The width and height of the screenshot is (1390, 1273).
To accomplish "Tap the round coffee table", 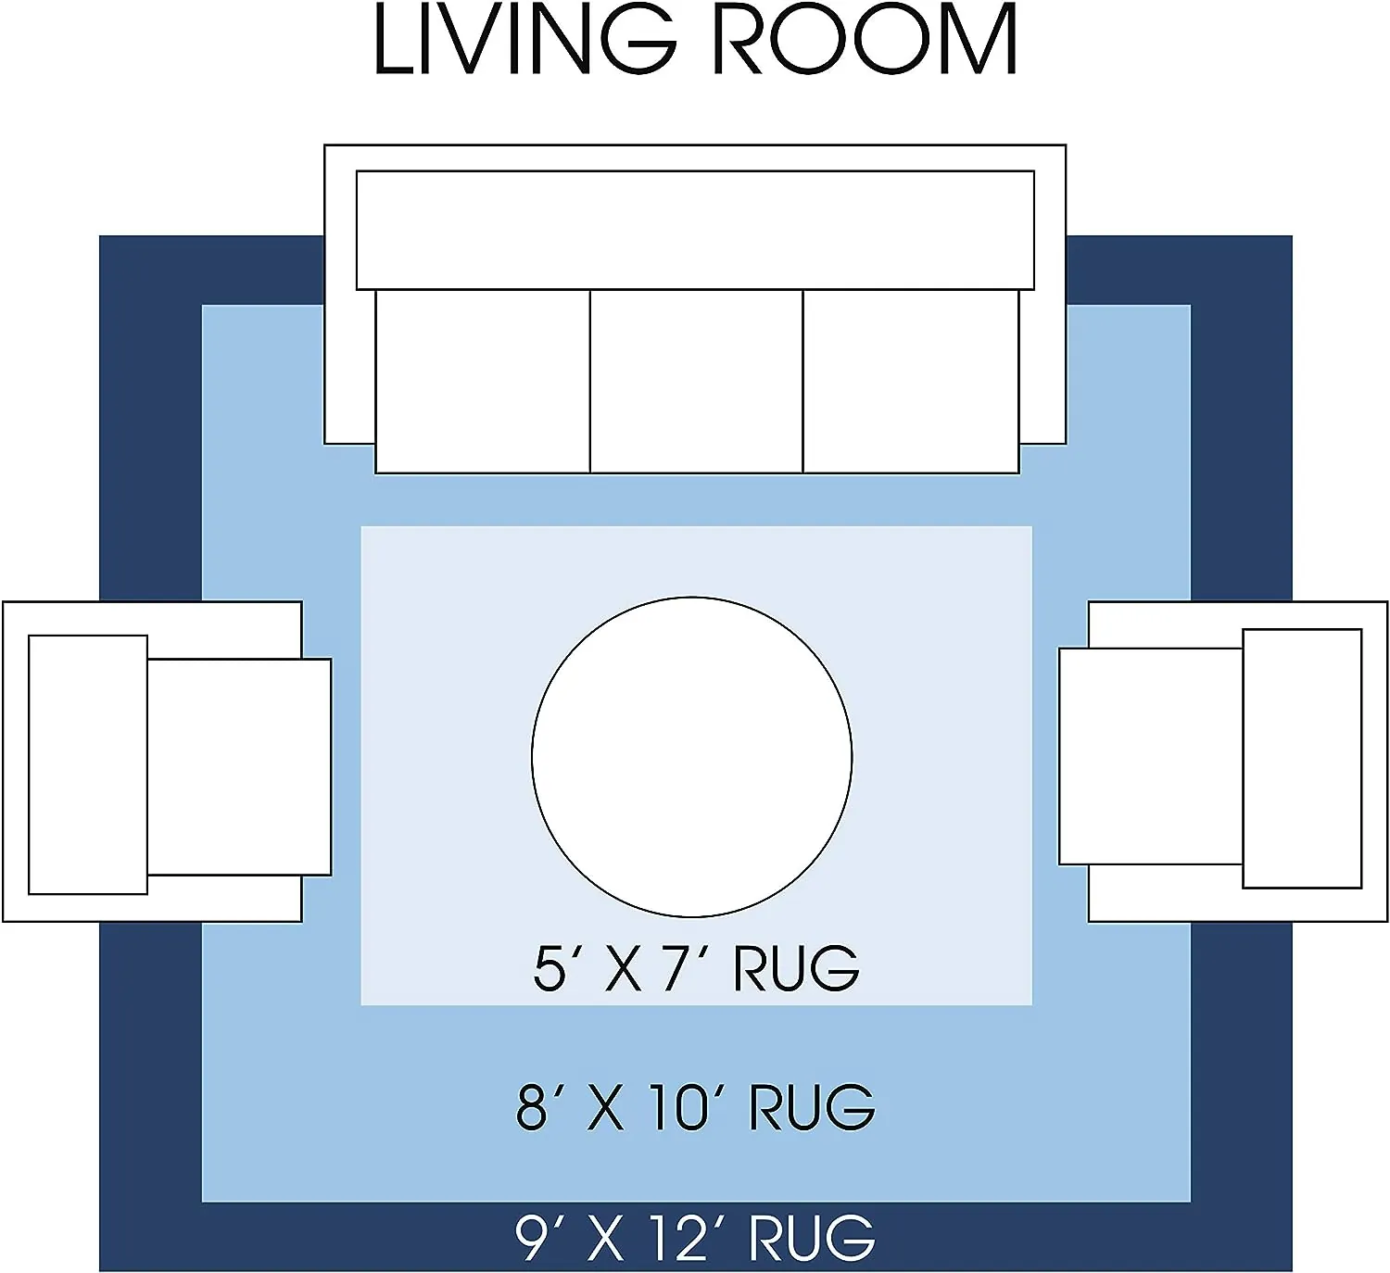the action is coord(692,757).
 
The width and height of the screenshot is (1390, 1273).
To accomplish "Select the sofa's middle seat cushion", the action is coord(696,381).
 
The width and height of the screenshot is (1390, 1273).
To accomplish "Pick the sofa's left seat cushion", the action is coord(483,381).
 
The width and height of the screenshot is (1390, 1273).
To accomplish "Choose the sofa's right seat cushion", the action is coord(911,381).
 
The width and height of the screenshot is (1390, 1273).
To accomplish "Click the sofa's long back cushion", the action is coord(695,230).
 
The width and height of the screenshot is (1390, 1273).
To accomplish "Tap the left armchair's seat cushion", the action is coord(239,767).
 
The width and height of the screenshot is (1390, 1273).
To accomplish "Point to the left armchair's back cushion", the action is coord(88,765).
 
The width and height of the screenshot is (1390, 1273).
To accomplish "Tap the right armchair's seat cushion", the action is coord(1151,757).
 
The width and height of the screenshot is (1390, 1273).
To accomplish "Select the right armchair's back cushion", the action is coord(1302,759).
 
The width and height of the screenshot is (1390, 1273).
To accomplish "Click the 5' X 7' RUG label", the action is coord(696,968).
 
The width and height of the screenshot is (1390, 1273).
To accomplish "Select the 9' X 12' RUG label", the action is coord(695,1237).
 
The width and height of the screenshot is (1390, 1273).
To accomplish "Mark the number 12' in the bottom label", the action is coord(682,1237).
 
